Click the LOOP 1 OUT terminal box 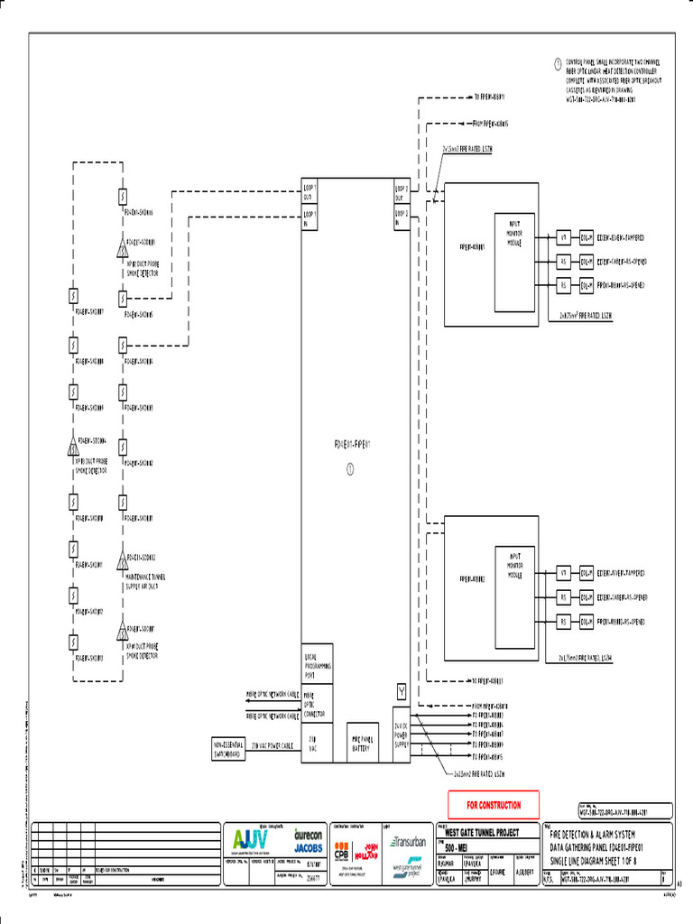tap(310, 193)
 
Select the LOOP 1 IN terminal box tap(310, 217)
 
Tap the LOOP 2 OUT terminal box tap(402, 193)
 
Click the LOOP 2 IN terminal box tap(402, 217)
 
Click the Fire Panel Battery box tap(361, 743)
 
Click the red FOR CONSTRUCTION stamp tap(494, 804)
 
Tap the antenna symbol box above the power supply tap(402, 691)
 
